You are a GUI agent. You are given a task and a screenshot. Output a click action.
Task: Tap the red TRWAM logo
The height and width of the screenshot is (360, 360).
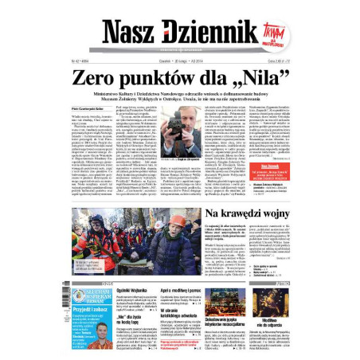[x=270, y=35]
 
